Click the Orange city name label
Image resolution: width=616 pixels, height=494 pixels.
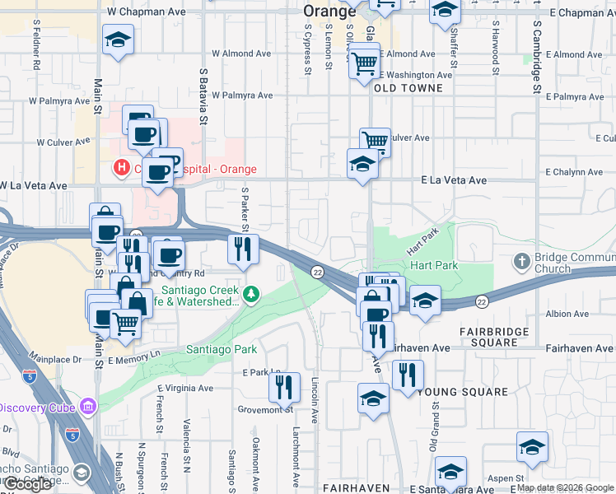click(329, 11)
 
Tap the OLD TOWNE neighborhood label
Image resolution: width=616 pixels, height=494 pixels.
click(408, 87)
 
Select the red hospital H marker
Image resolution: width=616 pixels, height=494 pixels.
click(122, 168)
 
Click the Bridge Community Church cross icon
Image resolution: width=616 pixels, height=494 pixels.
click(520, 262)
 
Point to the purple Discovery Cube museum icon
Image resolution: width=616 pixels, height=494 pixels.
click(87, 407)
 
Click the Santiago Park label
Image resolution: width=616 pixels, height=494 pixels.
click(222, 350)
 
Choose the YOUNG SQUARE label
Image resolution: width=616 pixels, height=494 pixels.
click(462, 392)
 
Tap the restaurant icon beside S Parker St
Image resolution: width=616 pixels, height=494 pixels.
click(242, 249)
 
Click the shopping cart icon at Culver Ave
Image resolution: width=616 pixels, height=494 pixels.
click(375, 141)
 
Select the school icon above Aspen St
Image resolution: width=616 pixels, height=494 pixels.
click(532, 448)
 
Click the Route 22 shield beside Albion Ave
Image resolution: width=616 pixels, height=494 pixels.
click(482, 302)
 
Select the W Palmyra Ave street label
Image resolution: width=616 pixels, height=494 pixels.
click(242, 96)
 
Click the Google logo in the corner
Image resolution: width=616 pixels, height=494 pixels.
click(29, 485)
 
